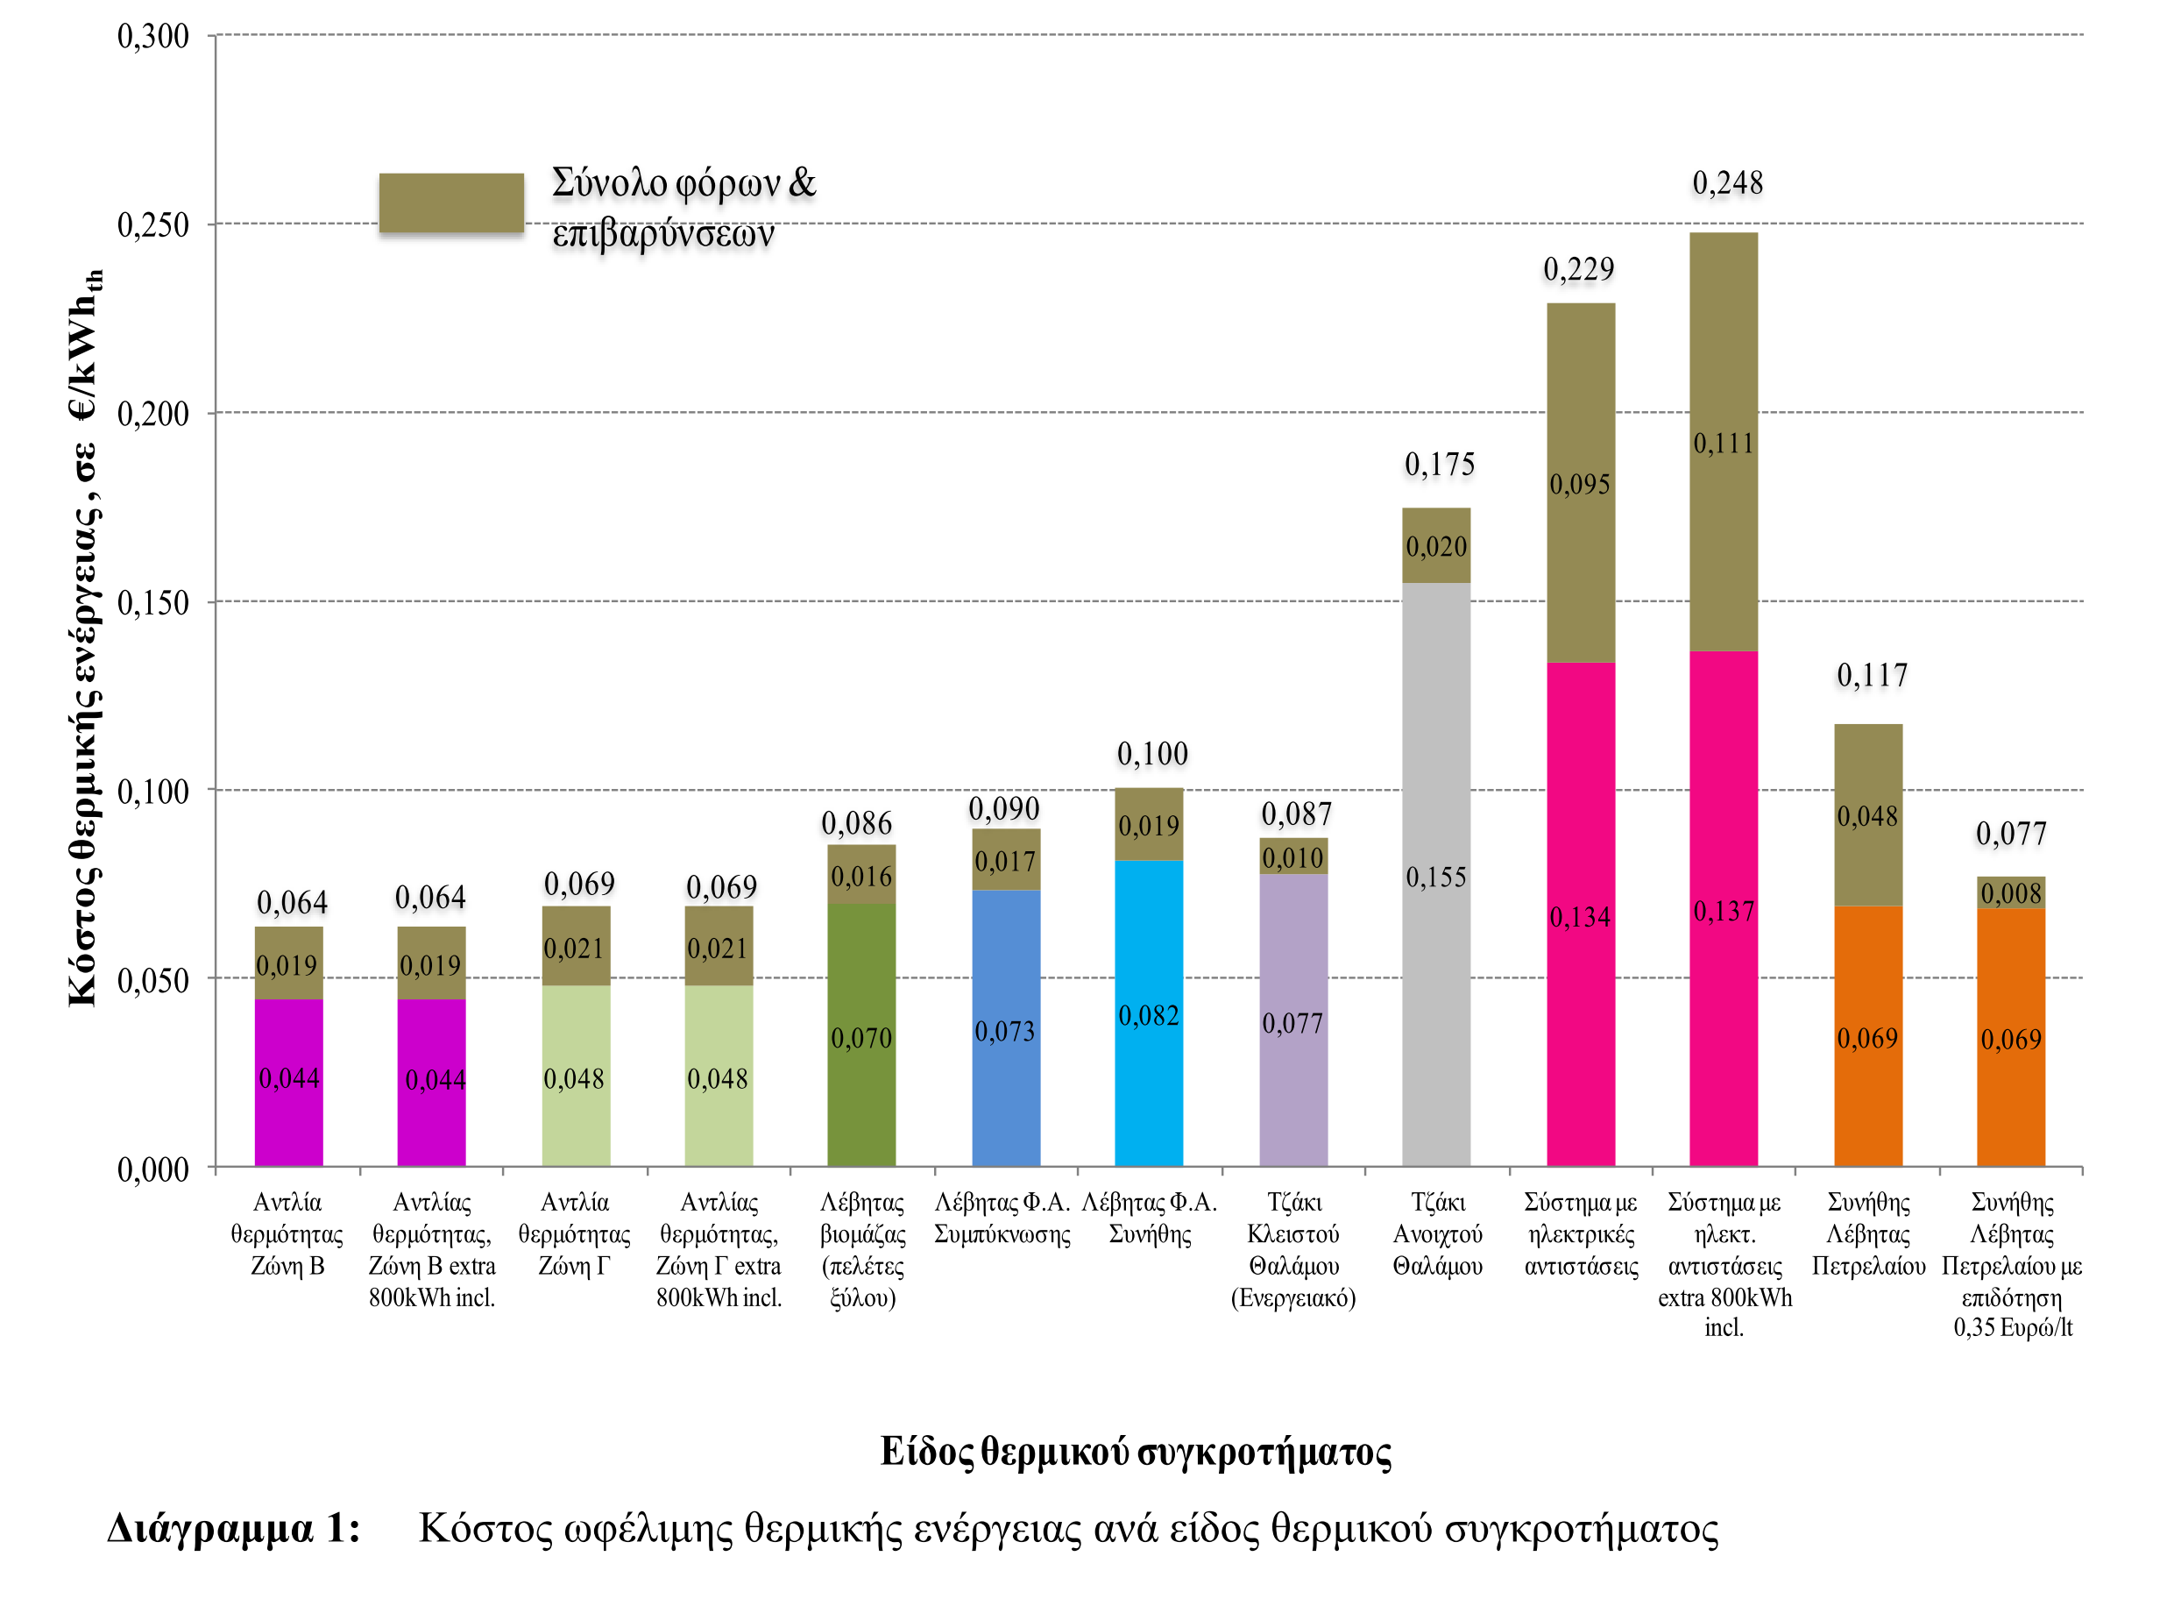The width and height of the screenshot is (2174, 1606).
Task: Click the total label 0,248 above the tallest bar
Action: (1727, 182)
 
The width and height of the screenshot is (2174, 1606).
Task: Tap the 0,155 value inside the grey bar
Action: (1435, 877)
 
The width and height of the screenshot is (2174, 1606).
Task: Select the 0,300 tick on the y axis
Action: (152, 37)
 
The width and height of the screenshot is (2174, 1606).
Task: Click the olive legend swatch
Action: (451, 203)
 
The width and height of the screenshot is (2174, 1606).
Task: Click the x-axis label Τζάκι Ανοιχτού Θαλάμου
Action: (1436, 1233)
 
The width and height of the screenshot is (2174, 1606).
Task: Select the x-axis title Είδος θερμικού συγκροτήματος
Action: (1135, 1452)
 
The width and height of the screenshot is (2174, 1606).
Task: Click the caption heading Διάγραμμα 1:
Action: (233, 1528)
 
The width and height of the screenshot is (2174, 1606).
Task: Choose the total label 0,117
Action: (1872, 675)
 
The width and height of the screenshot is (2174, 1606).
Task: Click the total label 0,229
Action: (1578, 269)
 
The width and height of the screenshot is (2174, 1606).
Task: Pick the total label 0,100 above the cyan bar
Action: (1151, 753)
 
